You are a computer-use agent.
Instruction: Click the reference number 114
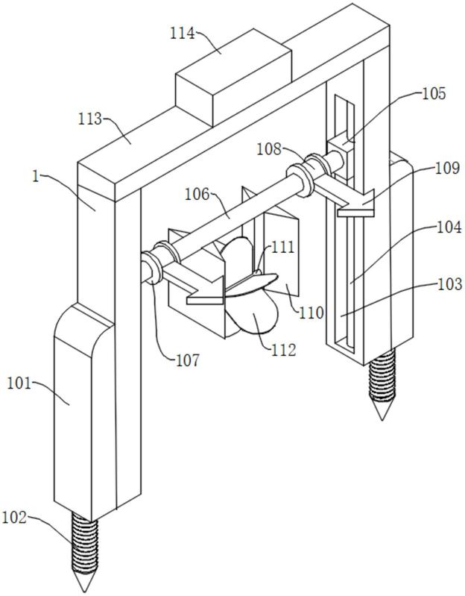click(183, 34)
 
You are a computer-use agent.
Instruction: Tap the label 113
click(90, 119)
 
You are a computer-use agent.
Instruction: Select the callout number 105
click(434, 93)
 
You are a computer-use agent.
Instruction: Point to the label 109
click(447, 168)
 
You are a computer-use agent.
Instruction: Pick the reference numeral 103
click(450, 283)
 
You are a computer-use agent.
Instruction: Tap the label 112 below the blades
click(283, 350)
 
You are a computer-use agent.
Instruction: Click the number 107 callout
click(188, 360)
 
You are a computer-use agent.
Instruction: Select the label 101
click(19, 383)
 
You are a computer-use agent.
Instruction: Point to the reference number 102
click(14, 518)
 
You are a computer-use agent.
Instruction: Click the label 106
click(197, 195)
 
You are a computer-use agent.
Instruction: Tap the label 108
click(269, 149)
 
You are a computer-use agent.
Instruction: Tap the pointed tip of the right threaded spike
click(382, 420)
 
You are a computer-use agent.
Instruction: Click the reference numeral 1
click(35, 177)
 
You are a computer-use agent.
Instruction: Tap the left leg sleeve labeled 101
click(84, 410)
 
